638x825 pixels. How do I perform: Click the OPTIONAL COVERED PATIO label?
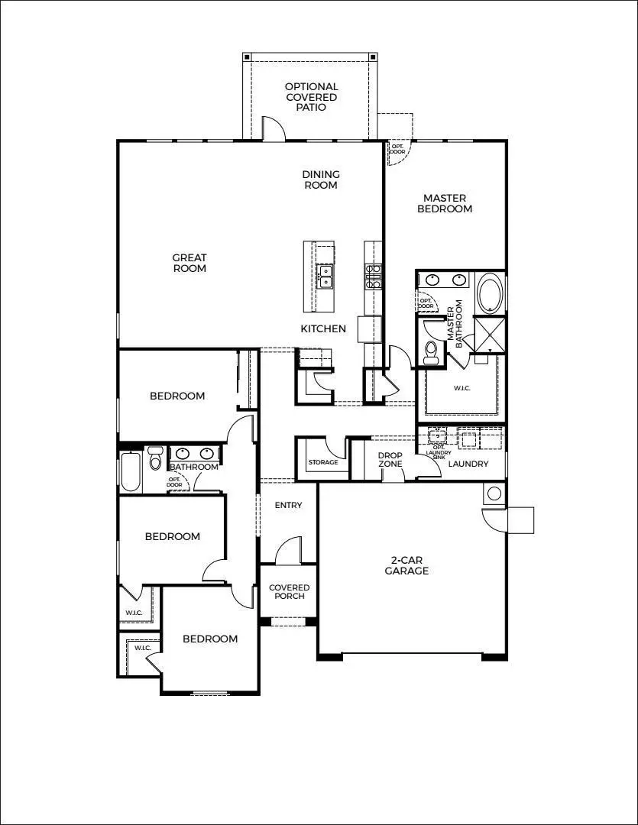pos(311,97)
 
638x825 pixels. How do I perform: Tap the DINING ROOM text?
pos(320,180)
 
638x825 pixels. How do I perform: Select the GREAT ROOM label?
pos(189,263)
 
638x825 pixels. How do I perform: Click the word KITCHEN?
pos(323,329)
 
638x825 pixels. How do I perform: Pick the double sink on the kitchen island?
pos(325,277)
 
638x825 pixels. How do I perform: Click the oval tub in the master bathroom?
pos(489,293)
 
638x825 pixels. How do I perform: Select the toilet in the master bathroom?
pos(432,351)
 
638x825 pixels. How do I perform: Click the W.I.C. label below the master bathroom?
pos(461,388)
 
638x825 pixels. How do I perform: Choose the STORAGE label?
pos(322,463)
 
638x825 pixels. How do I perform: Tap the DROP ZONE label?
pos(390,461)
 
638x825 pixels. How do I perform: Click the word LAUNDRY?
pos(468,464)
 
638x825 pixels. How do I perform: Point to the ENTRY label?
pos(288,505)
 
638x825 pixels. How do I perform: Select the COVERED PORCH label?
pos(288,592)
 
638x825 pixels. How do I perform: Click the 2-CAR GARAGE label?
pos(406,565)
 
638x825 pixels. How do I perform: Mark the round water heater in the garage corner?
pos(494,493)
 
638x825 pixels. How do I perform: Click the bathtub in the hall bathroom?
pos(131,472)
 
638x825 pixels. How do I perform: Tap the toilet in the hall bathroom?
pos(155,460)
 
